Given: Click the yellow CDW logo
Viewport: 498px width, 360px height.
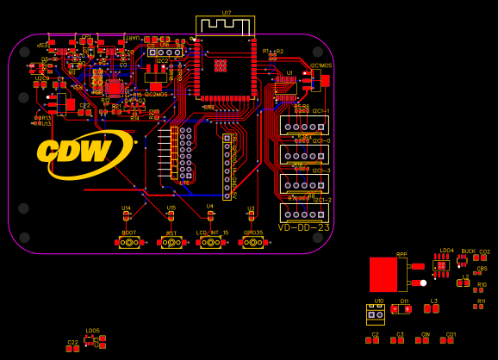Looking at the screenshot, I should click(84, 152).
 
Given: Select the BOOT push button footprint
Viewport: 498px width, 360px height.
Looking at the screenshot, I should click(129, 243).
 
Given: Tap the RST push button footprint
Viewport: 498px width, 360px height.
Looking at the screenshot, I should click(171, 243).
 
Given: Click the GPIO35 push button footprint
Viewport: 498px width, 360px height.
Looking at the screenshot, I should click(252, 243).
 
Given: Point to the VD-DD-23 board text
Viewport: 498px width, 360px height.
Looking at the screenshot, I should click(303, 228).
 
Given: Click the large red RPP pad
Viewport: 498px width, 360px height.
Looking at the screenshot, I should click(383, 275).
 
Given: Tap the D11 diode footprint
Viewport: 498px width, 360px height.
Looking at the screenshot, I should click(402, 309).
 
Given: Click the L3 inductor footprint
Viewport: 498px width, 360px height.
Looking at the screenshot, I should click(432, 308).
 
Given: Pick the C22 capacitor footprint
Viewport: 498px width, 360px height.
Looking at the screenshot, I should click(72, 349).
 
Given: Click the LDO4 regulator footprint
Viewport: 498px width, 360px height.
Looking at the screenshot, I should click(442, 265).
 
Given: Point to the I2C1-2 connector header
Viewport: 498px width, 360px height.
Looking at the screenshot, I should click(304, 213).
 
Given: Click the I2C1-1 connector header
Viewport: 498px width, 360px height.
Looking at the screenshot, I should click(304, 126).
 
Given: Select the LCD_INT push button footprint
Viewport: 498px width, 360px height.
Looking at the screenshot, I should click(210, 243).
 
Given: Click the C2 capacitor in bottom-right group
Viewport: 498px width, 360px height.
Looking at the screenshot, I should click(372, 340).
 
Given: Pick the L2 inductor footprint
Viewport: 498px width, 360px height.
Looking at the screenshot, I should click(464, 282).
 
